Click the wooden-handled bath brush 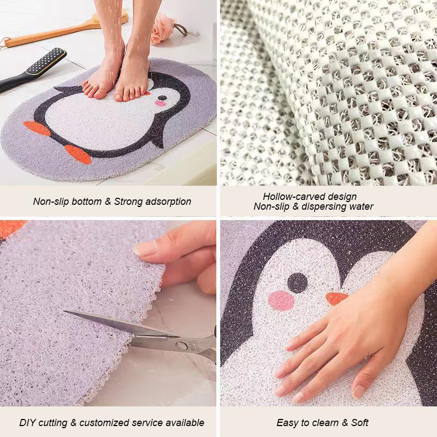pyautogui.click(x=60, y=33)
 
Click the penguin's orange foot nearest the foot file pyautogui.click(x=37, y=128)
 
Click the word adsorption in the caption pyautogui.click(x=167, y=202)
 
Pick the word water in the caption pyautogui.click(x=362, y=206)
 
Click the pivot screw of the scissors pyautogui.click(x=181, y=345)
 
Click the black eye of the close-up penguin pyautogui.click(x=298, y=282)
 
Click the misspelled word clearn pyautogui.click(x=327, y=423)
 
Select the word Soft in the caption pyautogui.click(x=359, y=423)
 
